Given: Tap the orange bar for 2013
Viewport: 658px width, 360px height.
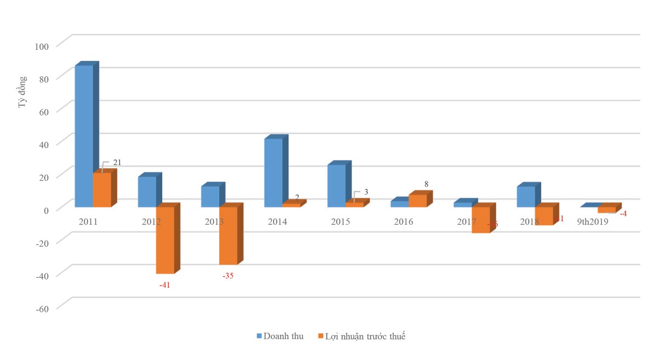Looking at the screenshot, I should coord(228,236).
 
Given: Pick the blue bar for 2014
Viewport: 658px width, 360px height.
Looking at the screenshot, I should coord(273,173).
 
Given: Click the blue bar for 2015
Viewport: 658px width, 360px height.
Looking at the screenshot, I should coord(336,186).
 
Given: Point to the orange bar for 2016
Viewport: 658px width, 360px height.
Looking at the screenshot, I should coord(417,201).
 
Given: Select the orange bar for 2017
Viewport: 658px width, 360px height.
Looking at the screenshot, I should coord(480,220).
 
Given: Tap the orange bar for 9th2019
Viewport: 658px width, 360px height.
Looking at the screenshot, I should coord(606,209).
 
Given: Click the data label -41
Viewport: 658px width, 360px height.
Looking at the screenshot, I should coord(164,285).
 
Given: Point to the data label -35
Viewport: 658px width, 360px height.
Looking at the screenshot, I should coord(228,276).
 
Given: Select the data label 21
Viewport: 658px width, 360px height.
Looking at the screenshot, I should coord(117,162).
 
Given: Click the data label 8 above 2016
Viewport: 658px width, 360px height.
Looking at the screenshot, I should coord(426,185).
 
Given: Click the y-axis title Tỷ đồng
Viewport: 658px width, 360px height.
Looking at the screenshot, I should coord(22,92).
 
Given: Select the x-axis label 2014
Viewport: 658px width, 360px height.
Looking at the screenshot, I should coord(277,222).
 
